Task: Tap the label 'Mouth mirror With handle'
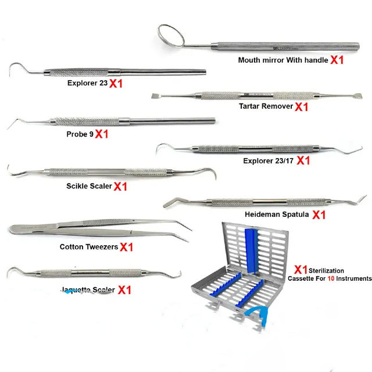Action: pos(283,59)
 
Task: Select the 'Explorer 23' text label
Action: pos(87,83)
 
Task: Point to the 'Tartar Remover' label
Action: pos(266,106)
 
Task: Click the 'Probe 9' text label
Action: pos(79,133)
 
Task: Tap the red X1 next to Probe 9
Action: pos(102,134)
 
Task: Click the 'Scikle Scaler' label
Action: pos(89,187)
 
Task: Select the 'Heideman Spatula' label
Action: pos(278,214)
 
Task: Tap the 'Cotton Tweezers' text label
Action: pos(89,246)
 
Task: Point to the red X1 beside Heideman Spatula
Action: pos(319,214)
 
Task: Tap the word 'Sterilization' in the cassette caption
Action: pos(326,271)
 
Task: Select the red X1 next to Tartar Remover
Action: pos(301,107)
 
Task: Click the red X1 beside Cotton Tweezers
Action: pos(127,247)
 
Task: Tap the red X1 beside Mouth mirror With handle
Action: pos(337,60)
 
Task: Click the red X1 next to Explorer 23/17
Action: pos(303,160)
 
